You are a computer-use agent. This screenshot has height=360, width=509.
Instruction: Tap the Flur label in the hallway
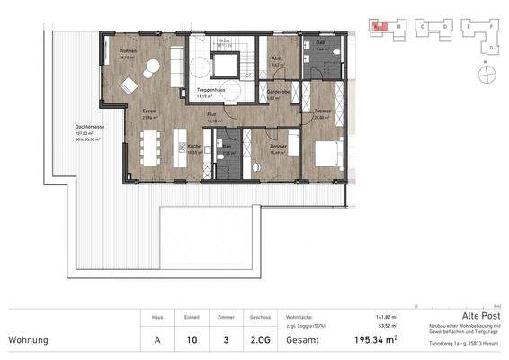click(212, 115)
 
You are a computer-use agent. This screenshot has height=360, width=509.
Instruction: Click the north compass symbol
click(487, 73)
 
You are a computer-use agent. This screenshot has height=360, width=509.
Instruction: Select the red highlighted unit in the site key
click(379, 27)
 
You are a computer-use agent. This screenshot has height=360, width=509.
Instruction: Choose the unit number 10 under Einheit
click(191, 341)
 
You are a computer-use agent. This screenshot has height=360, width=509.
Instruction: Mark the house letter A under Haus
click(157, 341)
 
